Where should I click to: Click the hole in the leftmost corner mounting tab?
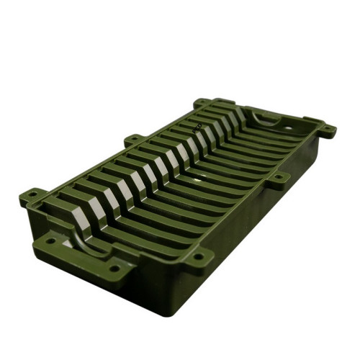click(32, 194)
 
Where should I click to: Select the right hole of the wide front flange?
click(114, 269)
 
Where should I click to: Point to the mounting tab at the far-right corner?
click(326, 131)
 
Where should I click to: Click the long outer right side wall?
click(252, 216)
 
